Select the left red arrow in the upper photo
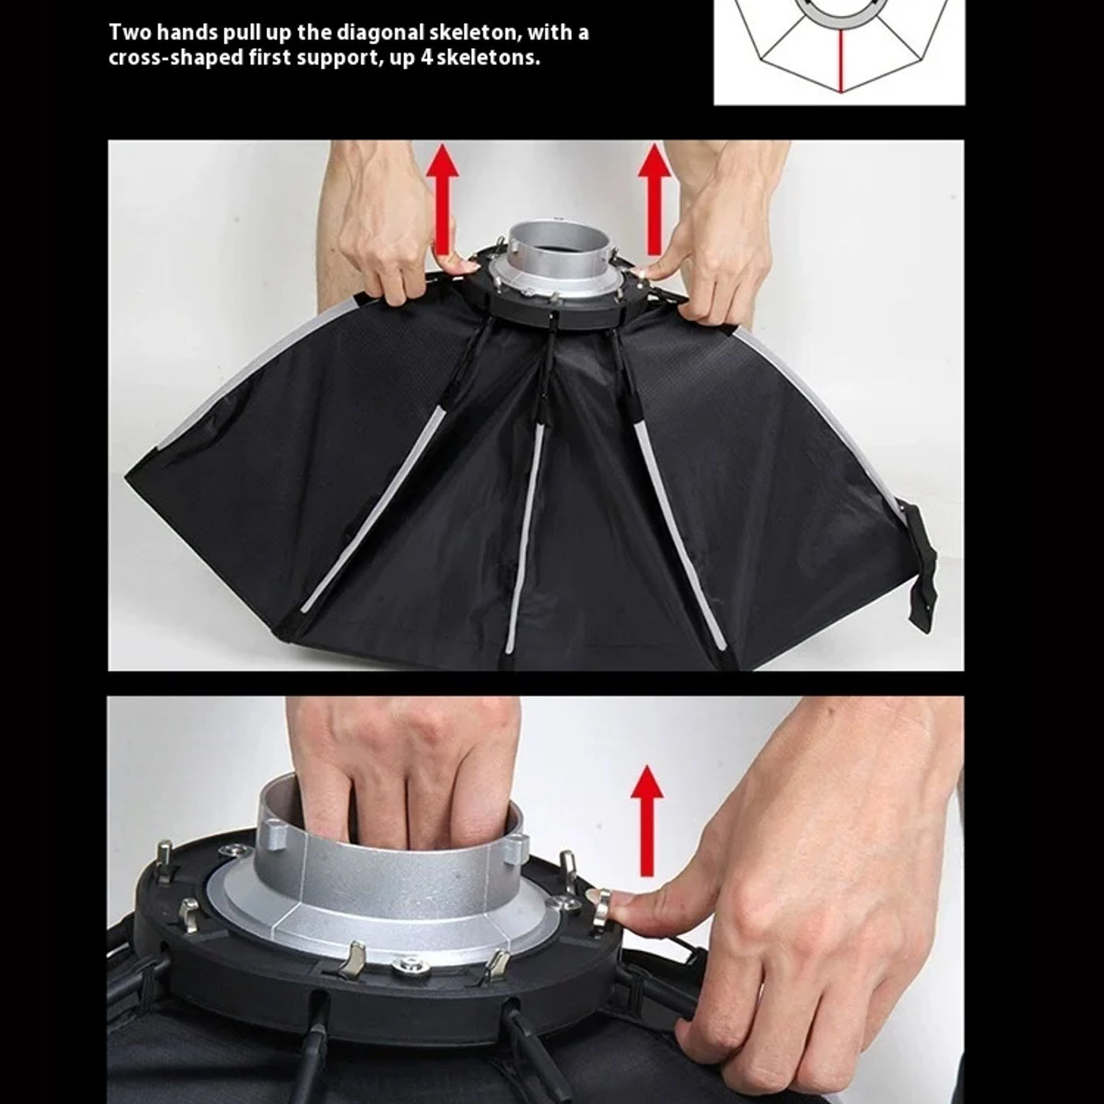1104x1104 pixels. tap(442, 199)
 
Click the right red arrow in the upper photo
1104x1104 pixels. tap(654, 199)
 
